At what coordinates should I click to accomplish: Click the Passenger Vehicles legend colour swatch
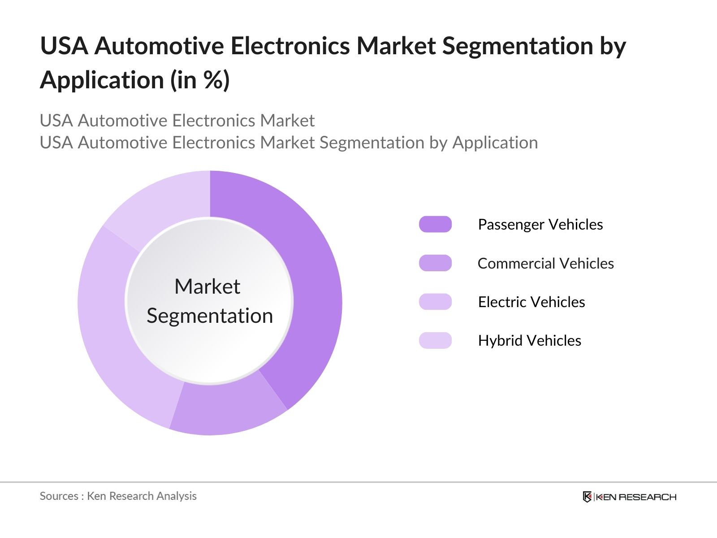click(435, 224)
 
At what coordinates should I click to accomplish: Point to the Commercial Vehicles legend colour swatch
click(435, 263)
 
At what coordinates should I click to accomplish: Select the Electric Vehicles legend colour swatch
click(435, 302)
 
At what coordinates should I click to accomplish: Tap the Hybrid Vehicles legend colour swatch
click(435, 340)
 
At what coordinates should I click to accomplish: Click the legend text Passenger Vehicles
click(540, 224)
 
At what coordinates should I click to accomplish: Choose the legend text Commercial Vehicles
click(545, 263)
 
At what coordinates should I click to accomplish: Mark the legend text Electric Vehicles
click(531, 302)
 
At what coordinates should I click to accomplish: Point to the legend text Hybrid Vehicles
click(529, 340)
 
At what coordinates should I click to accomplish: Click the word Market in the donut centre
click(207, 286)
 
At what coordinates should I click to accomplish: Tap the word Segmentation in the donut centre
click(210, 316)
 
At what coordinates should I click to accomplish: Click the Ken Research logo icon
click(587, 497)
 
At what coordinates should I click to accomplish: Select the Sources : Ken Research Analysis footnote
click(118, 496)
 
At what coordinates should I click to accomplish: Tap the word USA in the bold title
click(64, 46)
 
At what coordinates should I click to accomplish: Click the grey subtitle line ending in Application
click(289, 143)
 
